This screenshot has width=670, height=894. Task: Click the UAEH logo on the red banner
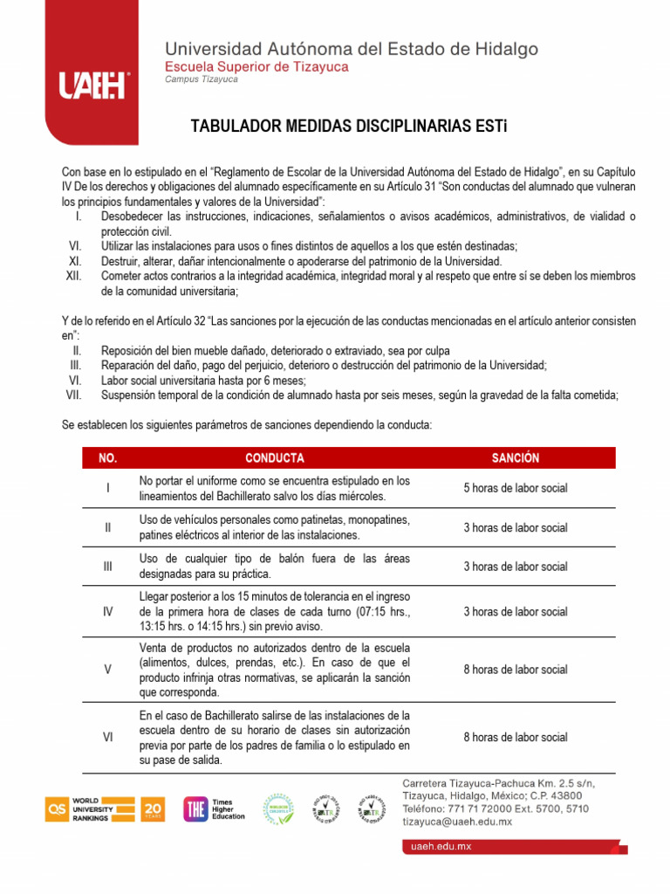pyautogui.click(x=92, y=86)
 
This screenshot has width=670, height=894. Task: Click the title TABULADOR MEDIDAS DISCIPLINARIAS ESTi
pyautogui.click(x=348, y=127)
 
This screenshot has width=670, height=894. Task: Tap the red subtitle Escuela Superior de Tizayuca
pyautogui.click(x=256, y=66)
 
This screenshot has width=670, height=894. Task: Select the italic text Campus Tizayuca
pyautogui.click(x=201, y=79)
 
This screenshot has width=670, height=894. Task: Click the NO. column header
pyautogui.click(x=107, y=458)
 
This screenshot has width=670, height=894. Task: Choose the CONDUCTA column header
pyautogui.click(x=274, y=458)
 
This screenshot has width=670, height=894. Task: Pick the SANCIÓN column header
pyautogui.click(x=515, y=458)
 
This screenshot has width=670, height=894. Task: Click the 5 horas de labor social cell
pyautogui.click(x=515, y=488)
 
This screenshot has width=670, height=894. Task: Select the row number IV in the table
pyautogui.click(x=107, y=612)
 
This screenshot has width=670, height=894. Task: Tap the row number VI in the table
pyautogui.click(x=107, y=737)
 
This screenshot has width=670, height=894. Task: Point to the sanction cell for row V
pyautogui.click(x=515, y=670)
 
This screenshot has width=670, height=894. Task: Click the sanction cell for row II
pyautogui.click(x=515, y=527)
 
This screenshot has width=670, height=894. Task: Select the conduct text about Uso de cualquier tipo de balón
pyautogui.click(x=274, y=566)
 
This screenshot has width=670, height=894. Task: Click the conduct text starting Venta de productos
pyautogui.click(x=274, y=670)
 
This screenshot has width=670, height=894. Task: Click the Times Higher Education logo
pyautogui.click(x=215, y=809)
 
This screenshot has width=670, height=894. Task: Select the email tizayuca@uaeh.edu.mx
pyautogui.click(x=456, y=822)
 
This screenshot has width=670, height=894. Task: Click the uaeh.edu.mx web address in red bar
pyautogui.click(x=441, y=847)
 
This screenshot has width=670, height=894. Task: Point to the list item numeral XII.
pyautogui.click(x=73, y=276)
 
